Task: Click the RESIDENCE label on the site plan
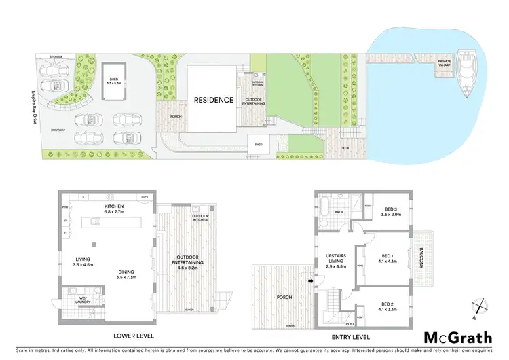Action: pyautogui.click(x=213, y=100)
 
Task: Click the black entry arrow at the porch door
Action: pyautogui.click(x=311, y=280)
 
